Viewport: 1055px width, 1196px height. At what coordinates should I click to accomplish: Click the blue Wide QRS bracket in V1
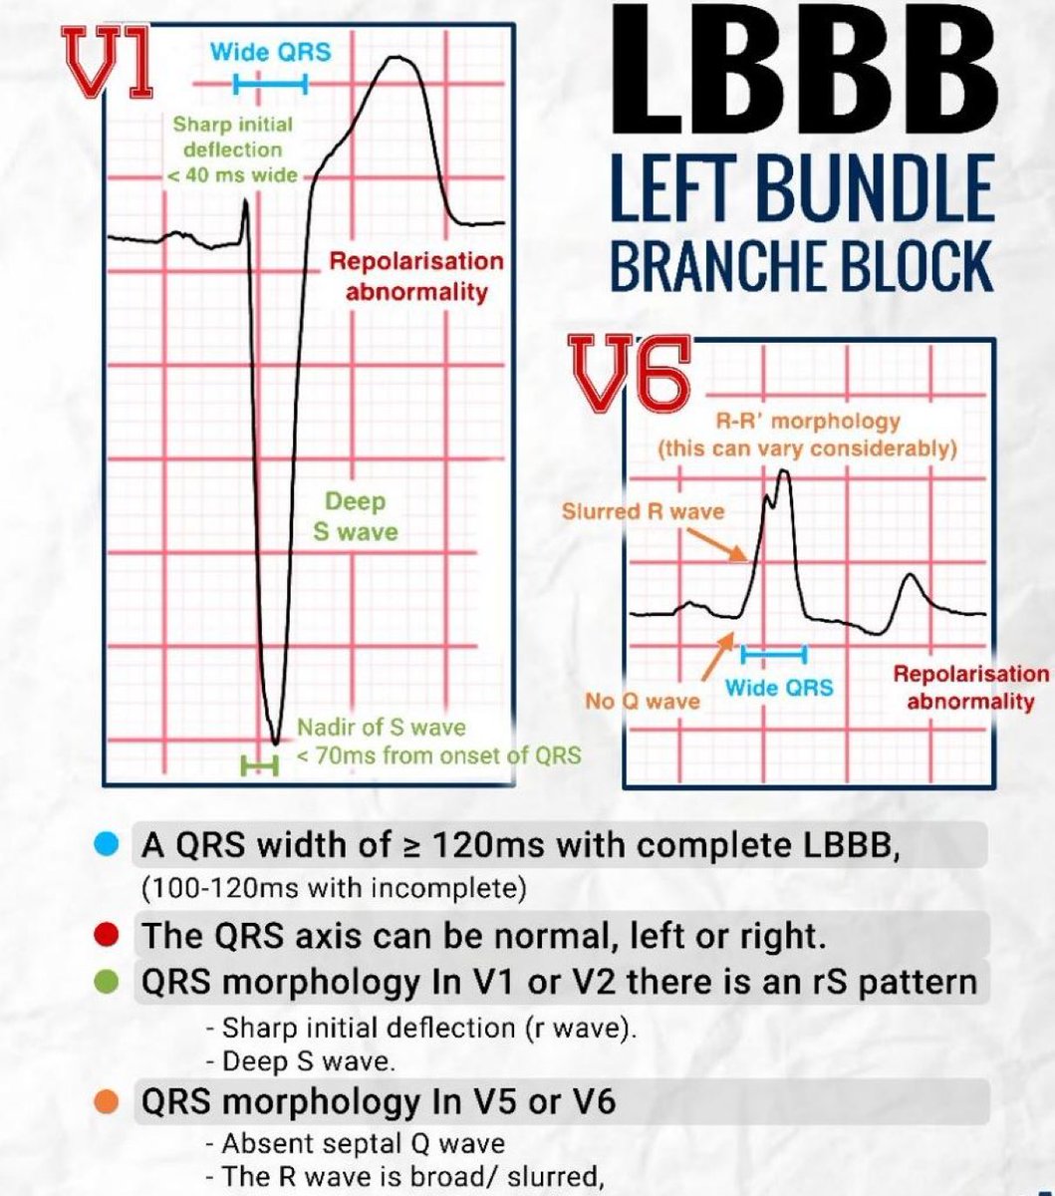coord(270,86)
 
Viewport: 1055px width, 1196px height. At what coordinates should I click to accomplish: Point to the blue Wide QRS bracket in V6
coord(774,654)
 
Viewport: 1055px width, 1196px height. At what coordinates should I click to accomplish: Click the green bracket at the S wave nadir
coord(259,765)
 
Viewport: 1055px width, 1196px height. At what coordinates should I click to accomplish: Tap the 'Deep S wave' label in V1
coord(355,516)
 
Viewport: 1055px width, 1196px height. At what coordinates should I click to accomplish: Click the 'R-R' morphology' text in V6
coord(808,422)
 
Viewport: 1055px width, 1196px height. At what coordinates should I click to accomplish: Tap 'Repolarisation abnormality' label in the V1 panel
coord(416,276)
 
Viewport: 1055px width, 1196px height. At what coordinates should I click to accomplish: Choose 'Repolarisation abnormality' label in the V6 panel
coord(970,688)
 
